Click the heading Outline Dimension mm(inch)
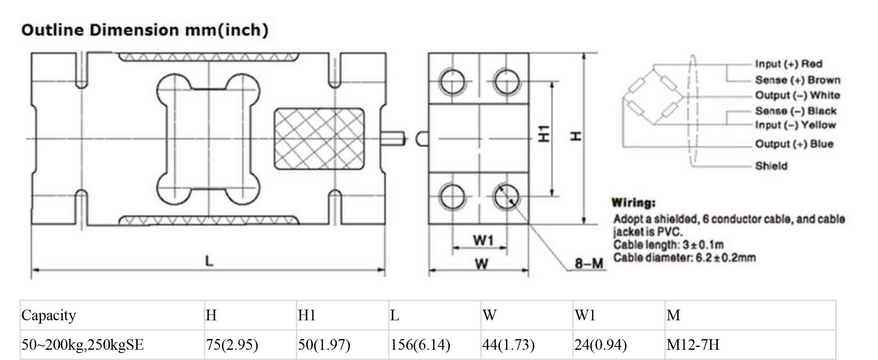click(145, 30)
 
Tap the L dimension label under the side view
click(209, 261)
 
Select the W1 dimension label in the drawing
click(483, 240)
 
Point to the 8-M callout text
click(589, 263)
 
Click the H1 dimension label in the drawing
click(544, 134)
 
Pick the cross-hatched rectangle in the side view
click(319, 138)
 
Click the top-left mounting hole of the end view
click(452, 82)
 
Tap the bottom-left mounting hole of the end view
click(452, 196)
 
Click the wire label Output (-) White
click(798, 95)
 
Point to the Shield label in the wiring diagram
click(771, 166)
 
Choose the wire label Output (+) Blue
click(794, 144)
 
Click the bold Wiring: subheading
click(633, 203)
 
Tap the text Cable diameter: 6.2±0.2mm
click(684, 258)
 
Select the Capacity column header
click(49, 315)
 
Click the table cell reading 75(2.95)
click(232, 345)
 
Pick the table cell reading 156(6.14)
click(420, 345)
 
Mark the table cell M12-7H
click(693, 345)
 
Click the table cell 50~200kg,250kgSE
click(83, 345)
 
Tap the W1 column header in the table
click(585, 315)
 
